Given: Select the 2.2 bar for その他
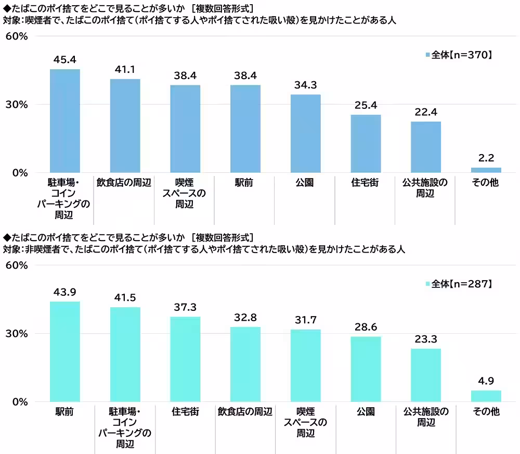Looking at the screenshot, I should pyautogui.click(x=486, y=170).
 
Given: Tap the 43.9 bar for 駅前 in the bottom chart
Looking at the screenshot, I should pyautogui.click(x=64, y=351).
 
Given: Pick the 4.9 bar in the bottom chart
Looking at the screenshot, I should pyautogui.click(x=486, y=396).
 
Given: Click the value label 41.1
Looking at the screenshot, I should pyautogui.click(x=125, y=68).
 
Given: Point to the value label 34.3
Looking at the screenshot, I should pyautogui.click(x=305, y=84).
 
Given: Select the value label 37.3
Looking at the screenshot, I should pyautogui.click(x=185, y=306).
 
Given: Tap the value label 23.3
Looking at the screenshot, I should pyautogui.click(x=425, y=338).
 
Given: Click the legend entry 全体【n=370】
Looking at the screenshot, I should pyautogui.click(x=458, y=54).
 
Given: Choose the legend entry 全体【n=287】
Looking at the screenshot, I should pyautogui.click(x=458, y=284).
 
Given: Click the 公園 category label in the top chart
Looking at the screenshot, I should pyautogui.click(x=305, y=183).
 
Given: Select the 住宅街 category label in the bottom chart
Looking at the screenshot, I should pyautogui.click(x=185, y=412).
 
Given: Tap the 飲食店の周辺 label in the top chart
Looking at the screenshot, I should pyautogui.click(x=125, y=183).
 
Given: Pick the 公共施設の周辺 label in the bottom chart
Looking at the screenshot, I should pyautogui.click(x=425, y=417).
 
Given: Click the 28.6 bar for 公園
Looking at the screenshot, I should pyautogui.click(x=366, y=369).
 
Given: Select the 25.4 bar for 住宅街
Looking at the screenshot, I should pyautogui.click(x=366, y=144).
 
